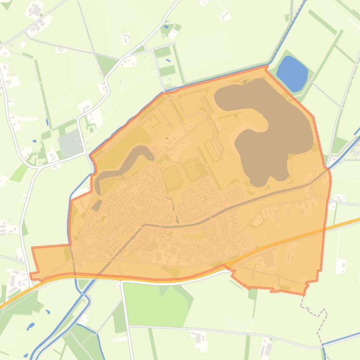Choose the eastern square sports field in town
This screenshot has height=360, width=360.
click(192, 170)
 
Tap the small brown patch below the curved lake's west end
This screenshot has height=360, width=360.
click(97, 205)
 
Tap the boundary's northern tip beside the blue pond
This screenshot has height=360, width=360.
click(266, 68)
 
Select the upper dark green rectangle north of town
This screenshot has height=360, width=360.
click(162, 52)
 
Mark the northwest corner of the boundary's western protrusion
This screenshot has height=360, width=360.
click(32, 248)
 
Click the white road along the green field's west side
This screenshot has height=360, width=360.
click(124, 304)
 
